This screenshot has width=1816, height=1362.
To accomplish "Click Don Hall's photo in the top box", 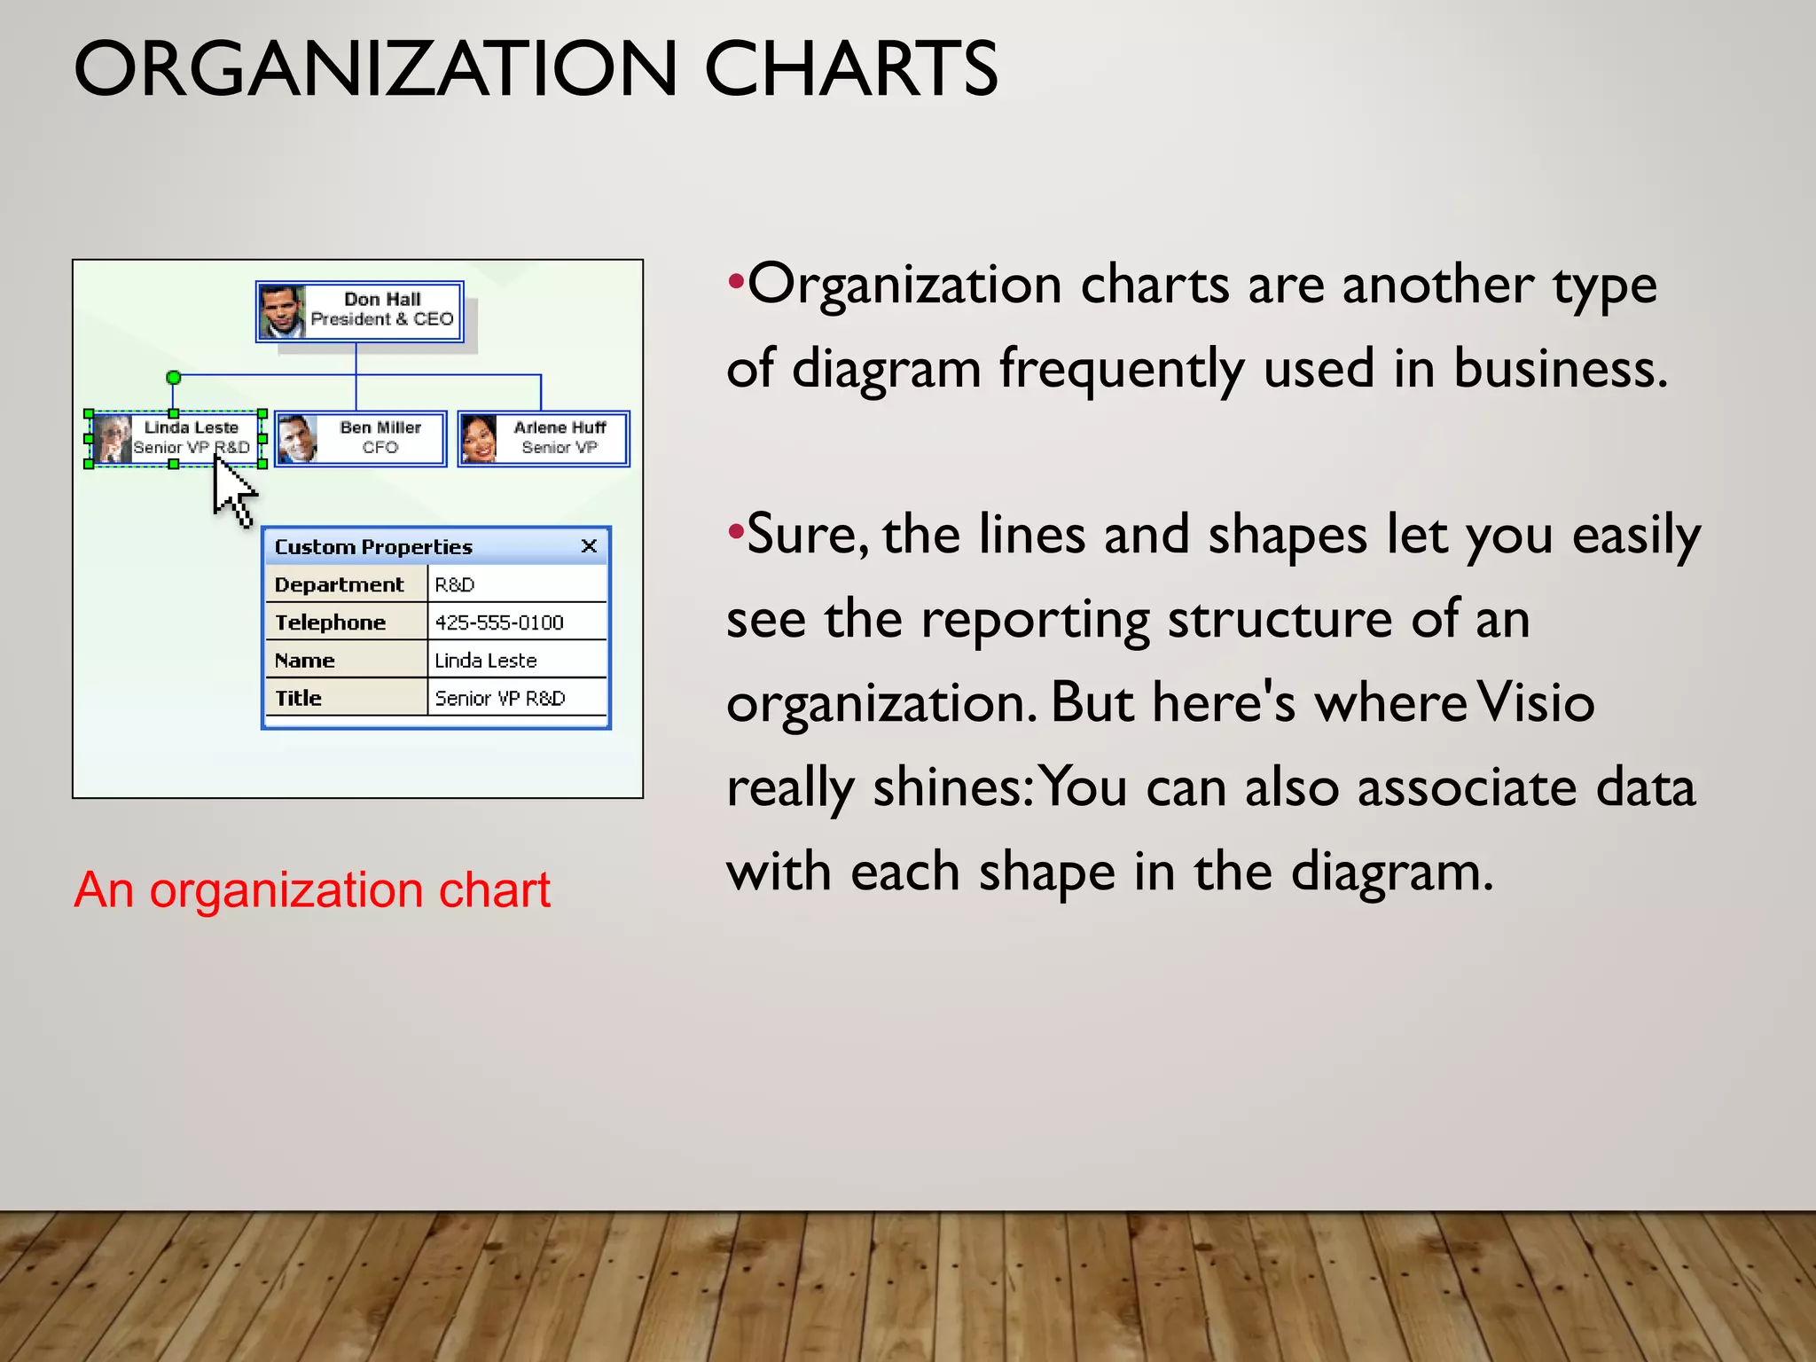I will coord(282,311).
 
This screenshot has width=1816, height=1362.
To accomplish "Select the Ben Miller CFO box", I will coord(360,438).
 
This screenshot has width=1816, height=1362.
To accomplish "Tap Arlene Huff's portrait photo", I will coord(479,439).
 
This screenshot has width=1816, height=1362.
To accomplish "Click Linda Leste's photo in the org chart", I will coord(113,439).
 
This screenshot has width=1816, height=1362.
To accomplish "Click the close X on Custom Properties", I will coord(589,546).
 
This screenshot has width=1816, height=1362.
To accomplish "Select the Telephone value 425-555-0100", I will coord(498,622).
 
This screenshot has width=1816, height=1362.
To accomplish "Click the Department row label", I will coord(339,585).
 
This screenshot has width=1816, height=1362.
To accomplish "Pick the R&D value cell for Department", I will coord(455,585).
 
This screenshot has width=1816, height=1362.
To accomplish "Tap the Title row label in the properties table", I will coord(299,699).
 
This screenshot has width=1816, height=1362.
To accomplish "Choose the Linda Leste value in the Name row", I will coord(486,661).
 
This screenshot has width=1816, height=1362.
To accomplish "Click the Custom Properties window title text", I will coord(373,547).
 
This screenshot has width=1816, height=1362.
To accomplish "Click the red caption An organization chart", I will coord(312,889).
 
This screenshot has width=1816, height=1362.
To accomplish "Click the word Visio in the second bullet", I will coord(1535,702).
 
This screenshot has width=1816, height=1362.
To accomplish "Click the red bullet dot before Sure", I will coord(734,532).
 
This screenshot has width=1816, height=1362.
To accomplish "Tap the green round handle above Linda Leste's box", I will coord(174,378).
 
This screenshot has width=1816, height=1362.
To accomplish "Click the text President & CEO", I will coord(382,319).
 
